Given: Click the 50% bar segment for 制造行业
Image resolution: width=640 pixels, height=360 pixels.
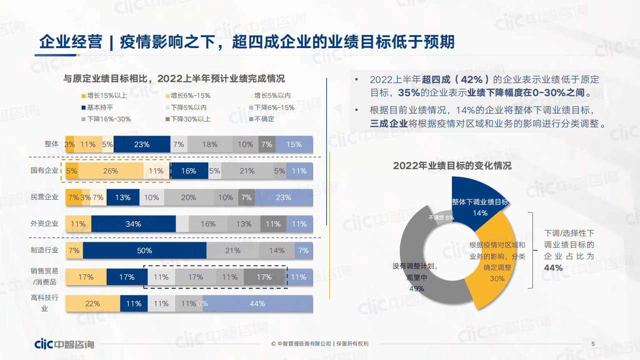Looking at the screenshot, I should point(145,250).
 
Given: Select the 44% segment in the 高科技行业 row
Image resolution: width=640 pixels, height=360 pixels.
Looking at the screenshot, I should point(257,303).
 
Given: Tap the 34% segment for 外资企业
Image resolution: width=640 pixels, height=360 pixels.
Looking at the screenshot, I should point(133,224).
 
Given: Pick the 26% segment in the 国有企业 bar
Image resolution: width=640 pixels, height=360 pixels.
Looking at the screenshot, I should point(111,171).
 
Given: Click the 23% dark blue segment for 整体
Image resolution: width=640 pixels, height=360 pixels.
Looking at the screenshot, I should point(142,144).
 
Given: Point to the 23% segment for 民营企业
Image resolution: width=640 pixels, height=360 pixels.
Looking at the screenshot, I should point(283,197).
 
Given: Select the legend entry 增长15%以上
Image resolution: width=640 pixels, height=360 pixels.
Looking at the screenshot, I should point(103,95).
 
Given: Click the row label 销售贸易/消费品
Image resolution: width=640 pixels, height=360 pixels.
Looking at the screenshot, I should point(45,276).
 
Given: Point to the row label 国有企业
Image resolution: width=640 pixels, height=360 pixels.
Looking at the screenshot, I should point(45,171).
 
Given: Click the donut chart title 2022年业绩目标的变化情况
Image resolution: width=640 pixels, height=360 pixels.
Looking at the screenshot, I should point(452,166).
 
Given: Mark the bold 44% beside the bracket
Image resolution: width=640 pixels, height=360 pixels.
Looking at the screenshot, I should point(553,268).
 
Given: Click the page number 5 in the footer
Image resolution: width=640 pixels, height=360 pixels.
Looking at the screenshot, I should point(593,343).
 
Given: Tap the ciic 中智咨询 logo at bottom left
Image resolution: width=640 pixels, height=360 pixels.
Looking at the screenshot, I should point(64,344).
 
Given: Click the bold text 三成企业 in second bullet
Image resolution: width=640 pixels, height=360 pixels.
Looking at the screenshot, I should point(389,124).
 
